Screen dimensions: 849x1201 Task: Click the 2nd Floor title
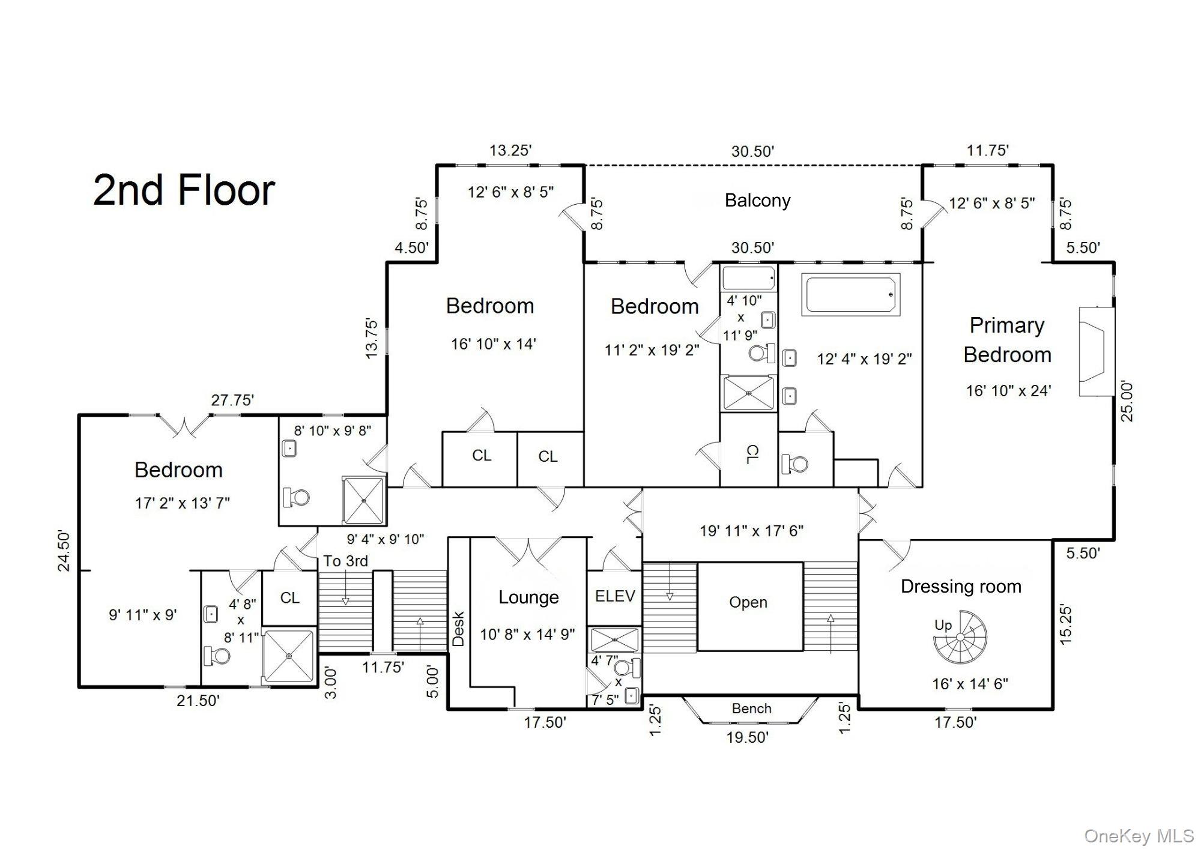click(x=184, y=190)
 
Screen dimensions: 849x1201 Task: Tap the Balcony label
click(x=757, y=201)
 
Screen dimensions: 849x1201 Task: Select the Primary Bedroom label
click(x=1007, y=340)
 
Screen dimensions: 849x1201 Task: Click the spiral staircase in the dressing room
click(x=960, y=638)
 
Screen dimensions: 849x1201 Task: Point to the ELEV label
click(x=614, y=596)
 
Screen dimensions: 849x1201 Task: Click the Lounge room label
click(x=528, y=597)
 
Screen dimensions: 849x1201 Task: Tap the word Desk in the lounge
click(x=458, y=628)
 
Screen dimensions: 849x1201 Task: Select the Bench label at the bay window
click(x=751, y=709)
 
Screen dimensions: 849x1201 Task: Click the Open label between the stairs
click(x=748, y=602)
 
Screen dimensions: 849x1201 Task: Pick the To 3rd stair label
click(x=345, y=561)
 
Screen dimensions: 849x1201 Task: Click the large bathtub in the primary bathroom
click(x=851, y=295)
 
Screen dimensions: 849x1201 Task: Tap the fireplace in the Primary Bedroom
click(x=1095, y=351)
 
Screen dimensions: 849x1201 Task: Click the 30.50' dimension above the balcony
click(x=752, y=151)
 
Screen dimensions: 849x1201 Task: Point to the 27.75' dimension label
click(x=232, y=400)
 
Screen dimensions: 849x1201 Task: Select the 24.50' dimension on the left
click(x=64, y=551)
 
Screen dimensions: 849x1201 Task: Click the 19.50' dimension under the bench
click(x=748, y=737)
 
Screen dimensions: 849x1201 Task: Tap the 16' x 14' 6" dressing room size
click(x=970, y=683)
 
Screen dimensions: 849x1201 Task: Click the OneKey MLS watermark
click(x=1139, y=836)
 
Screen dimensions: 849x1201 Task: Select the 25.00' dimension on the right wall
click(x=1127, y=401)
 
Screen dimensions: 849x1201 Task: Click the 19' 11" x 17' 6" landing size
click(x=751, y=531)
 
